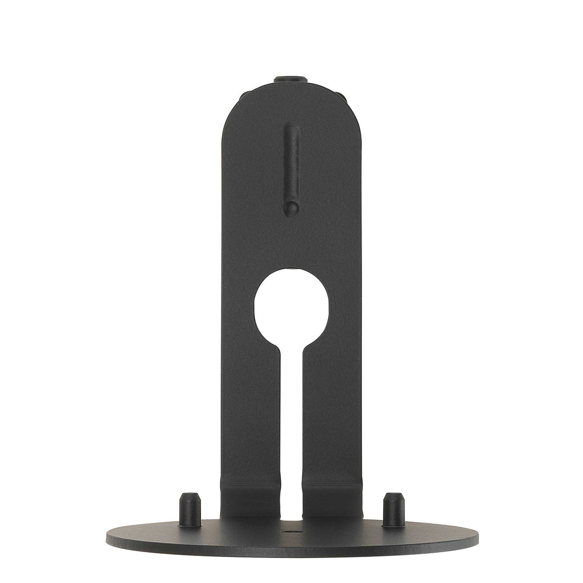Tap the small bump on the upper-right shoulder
click(x=340, y=97)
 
